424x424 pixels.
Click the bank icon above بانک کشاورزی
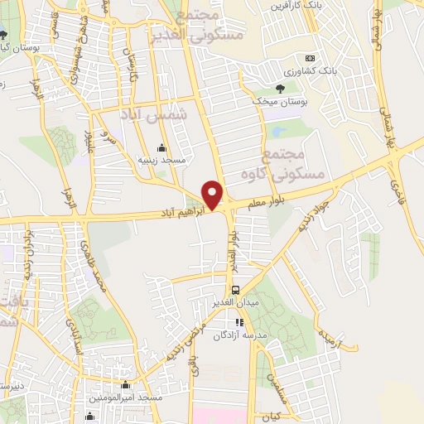(x=310, y=59)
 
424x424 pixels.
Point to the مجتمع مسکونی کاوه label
(x=277, y=164)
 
